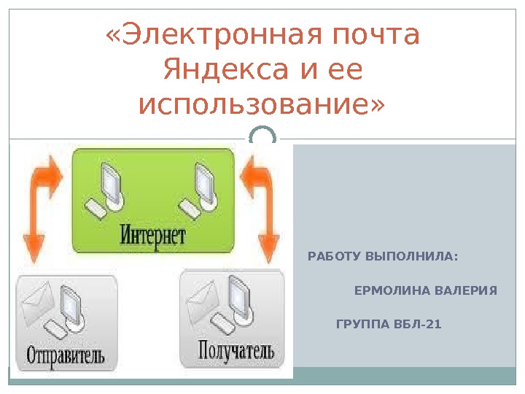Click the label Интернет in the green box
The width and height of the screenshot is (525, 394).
[152, 235]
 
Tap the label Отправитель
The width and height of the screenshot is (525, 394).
[66, 357]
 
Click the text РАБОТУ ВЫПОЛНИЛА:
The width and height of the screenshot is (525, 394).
[384, 258]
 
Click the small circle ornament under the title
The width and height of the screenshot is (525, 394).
[262, 137]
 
